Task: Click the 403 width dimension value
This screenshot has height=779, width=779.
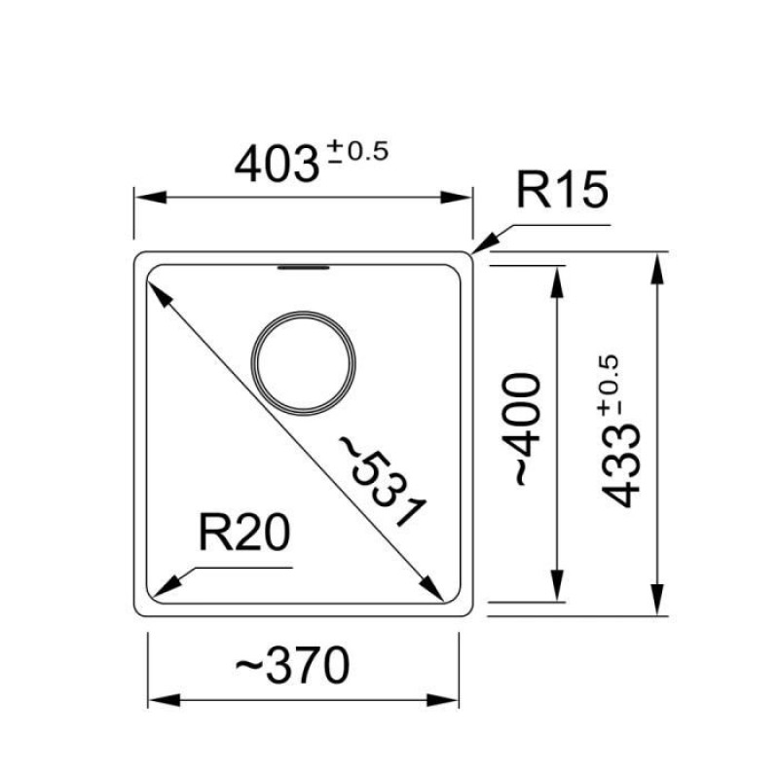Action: tap(274, 167)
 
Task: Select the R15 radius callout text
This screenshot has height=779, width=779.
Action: tap(562, 191)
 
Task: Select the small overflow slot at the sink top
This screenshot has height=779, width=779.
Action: tap(303, 266)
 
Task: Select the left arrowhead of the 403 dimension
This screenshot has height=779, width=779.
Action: tap(146, 196)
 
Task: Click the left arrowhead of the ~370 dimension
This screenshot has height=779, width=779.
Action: tap(160, 698)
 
